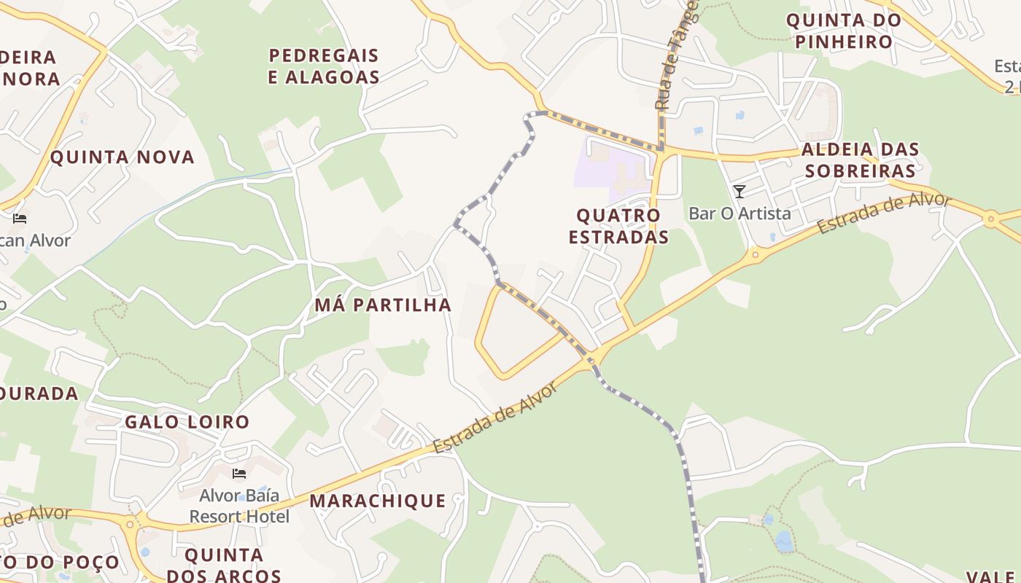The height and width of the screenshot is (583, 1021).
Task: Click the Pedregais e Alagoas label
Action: [x=324, y=66]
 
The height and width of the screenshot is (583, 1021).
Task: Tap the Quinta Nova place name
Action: [x=123, y=157]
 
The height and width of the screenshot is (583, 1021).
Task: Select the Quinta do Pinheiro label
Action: [x=844, y=31]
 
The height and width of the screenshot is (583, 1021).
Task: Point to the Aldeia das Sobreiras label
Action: [x=859, y=160]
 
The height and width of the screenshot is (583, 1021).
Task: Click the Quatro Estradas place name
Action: [x=618, y=226]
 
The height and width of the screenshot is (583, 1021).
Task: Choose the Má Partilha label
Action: [x=383, y=305]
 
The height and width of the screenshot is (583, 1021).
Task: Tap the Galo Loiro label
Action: [x=187, y=422]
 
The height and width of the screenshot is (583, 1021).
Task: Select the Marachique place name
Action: [x=378, y=501]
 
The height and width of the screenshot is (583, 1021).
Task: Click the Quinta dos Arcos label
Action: [x=224, y=565]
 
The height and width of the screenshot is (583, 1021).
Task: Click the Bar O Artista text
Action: [x=739, y=214]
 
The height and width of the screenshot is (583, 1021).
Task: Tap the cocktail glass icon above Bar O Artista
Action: [x=739, y=192]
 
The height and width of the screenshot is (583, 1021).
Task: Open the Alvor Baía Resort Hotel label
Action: [x=239, y=506]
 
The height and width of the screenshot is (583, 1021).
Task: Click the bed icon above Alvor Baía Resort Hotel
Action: [x=238, y=474]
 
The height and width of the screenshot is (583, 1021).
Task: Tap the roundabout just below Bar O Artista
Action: [x=755, y=255]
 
